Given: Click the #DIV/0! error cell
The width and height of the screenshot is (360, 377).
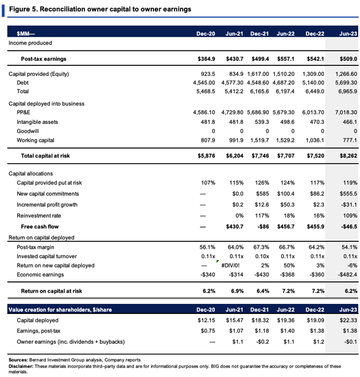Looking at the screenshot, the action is click(230, 266).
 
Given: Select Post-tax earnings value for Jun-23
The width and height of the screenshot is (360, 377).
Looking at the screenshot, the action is click(348, 59).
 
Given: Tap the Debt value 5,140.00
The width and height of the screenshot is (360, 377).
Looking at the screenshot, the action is click(313, 83).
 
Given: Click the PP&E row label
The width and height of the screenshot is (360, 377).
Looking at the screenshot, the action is click(23, 113).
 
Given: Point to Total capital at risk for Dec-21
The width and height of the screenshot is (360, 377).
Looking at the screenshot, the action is click(260, 156).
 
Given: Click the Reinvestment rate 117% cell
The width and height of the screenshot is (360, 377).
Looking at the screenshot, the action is click(262, 216).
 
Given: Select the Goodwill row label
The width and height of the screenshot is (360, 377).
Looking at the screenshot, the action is click(28, 131).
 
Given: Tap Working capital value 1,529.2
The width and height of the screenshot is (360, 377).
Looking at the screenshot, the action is click(286, 141).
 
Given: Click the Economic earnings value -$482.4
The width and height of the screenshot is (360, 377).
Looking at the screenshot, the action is click(347, 275).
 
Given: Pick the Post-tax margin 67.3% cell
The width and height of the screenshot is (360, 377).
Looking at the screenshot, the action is click(261, 247).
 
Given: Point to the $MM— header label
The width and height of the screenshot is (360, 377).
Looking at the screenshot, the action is click(26, 34).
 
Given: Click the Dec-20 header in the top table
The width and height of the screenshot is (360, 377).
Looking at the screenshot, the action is click(206, 34).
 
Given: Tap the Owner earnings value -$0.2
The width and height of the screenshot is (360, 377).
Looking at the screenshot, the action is click(263, 342).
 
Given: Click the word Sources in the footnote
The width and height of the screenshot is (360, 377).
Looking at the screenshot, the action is click(18, 360).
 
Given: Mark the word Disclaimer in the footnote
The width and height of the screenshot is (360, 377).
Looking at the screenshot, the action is click(21, 366).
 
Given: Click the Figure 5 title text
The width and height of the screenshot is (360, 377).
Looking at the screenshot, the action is click(100, 9).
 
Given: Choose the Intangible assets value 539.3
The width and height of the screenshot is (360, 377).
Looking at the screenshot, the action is click(262, 122).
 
